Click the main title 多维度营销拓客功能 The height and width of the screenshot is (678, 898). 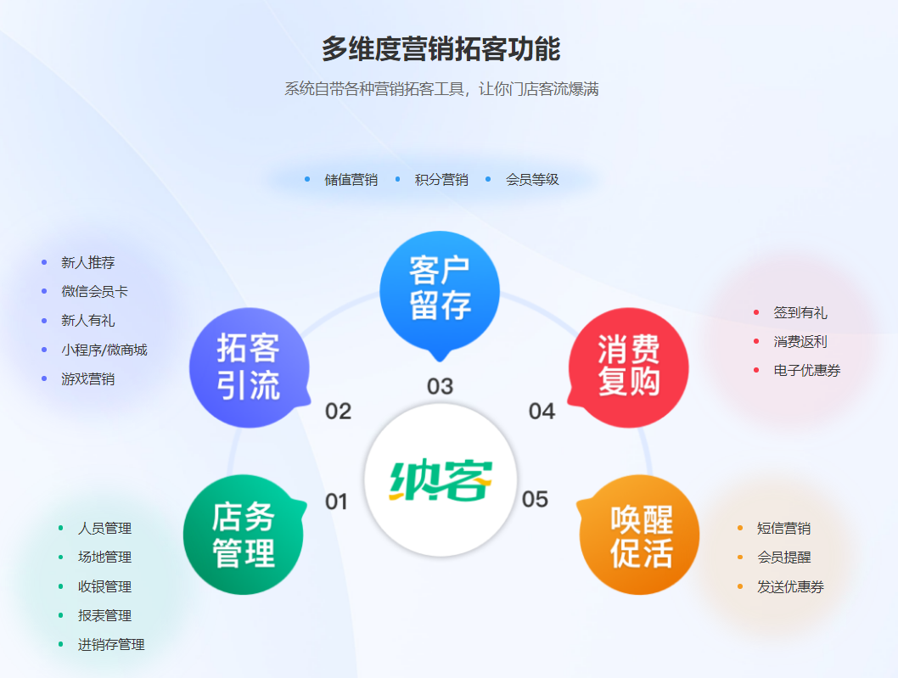[x=441, y=49]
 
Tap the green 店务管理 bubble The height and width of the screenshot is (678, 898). [x=244, y=535]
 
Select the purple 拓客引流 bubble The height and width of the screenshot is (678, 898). [x=249, y=367]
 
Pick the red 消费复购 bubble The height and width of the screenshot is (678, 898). [x=628, y=367]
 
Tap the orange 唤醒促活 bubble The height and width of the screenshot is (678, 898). [x=640, y=535]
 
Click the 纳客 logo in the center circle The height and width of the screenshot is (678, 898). [x=441, y=480]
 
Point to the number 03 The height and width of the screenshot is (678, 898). [x=440, y=387]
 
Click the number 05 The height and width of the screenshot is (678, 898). [x=535, y=499]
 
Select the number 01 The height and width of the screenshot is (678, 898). [x=337, y=501]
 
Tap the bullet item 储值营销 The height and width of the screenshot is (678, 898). [x=351, y=180]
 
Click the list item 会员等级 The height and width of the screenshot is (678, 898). [x=532, y=180]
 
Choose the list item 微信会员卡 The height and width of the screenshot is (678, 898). [x=94, y=291]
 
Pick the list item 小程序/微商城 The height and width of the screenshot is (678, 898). [x=104, y=350]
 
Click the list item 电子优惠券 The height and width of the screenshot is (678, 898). [x=806, y=370]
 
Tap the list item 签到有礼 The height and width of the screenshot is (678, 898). [x=800, y=312]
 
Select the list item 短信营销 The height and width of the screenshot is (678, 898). [x=783, y=528]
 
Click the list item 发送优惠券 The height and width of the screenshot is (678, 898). [x=790, y=586]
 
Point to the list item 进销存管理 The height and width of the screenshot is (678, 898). [x=111, y=644]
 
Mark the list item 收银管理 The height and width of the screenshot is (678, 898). [x=104, y=586]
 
